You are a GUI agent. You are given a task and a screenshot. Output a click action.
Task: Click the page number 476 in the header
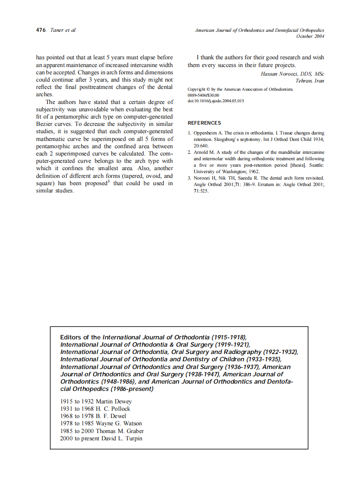point(41,31)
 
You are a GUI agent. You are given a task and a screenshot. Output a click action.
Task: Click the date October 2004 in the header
point(310,37)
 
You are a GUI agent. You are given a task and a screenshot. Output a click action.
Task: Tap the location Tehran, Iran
point(309,81)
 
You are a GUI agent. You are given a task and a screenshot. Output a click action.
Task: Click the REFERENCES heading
point(204,123)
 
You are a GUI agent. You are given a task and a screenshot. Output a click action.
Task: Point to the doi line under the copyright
point(216,101)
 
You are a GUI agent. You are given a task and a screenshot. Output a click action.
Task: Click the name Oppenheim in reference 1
point(207,133)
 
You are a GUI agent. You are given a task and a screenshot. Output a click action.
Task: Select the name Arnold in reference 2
point(201,153)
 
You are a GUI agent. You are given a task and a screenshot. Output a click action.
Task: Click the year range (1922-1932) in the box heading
point(280,352)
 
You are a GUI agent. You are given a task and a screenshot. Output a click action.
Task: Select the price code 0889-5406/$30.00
point(203,95)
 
